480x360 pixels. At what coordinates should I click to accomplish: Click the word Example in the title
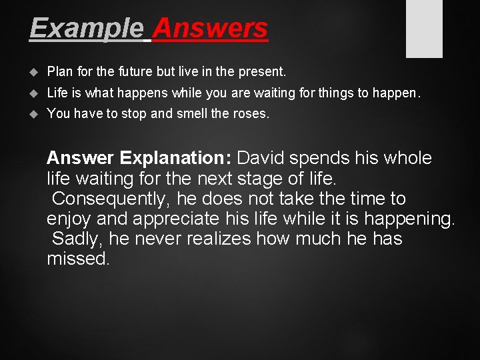click(86, 29)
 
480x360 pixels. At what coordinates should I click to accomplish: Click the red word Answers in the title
click(210, 29)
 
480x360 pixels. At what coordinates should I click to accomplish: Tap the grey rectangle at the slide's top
click(424, 28)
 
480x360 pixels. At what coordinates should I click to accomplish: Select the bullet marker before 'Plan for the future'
click(35, 71)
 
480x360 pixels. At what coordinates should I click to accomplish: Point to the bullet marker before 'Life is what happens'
click(35, 93)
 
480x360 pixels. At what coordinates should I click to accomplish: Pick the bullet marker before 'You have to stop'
click(35, 114)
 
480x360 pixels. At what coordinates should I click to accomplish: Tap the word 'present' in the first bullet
click(262, 71)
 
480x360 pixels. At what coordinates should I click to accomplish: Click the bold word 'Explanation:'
click(175, 159)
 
